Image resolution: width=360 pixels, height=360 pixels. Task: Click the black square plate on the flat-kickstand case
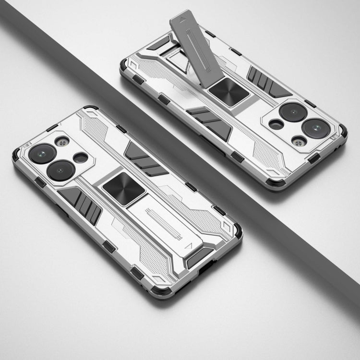point(123,188)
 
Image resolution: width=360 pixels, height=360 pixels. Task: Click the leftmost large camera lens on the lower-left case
point(42,153)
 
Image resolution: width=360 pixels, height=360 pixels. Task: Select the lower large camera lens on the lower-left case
point(60,170)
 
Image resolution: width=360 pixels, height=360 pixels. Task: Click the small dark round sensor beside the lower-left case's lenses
point(81,157)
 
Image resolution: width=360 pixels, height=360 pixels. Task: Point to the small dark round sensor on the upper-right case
point(276,124)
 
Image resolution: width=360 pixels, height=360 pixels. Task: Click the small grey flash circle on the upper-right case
point(299,141)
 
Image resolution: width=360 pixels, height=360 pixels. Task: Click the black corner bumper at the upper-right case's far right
point(343,132)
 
